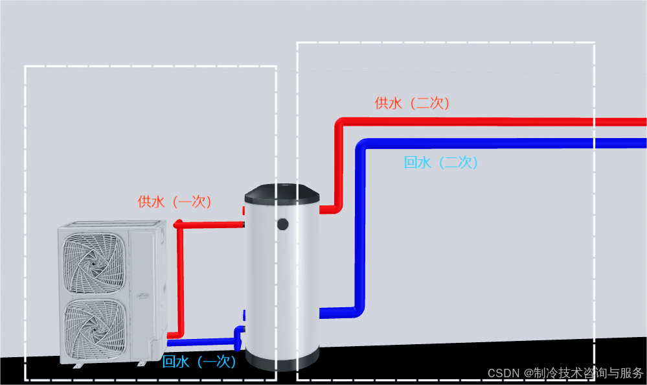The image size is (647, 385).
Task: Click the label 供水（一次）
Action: (175, 202)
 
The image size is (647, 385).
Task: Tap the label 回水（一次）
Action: (199, 362)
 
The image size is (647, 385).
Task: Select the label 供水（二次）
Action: (412, 103)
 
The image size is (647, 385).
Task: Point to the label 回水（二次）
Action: (440, 162)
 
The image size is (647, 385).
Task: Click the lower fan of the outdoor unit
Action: (95, 328)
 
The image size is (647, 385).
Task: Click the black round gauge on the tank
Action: (283, 224)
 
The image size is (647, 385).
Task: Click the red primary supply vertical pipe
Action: (179, 279)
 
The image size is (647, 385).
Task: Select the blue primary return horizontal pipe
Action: (201, 342)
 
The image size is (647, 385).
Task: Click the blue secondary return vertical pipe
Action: (359, 227)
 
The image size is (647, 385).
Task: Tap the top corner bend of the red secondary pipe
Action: (341, 123)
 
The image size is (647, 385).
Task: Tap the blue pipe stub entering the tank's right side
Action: (334, 312)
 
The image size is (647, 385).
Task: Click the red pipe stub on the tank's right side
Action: (327, 209)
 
